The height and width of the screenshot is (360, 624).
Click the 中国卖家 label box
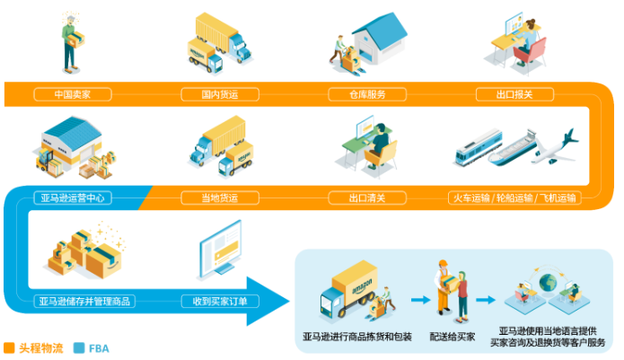point(73,94)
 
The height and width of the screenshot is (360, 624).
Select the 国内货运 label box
point(220,94)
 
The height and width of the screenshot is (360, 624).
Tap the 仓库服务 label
point(367,94)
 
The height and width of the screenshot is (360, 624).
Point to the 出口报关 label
point(514,94)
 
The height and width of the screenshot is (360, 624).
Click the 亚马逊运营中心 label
point(73,198)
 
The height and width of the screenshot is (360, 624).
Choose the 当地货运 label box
point(220,198)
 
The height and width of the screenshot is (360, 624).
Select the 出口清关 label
point(367,198)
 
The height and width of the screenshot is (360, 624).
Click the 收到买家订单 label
point(220,302)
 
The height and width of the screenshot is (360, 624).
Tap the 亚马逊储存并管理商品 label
point(84,302)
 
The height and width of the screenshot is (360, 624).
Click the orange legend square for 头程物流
point(9,348)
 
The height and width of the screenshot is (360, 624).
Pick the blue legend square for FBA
point(79,348)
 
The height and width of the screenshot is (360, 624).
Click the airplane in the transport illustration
point(555,147)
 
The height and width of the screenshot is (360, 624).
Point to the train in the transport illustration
point(479,146)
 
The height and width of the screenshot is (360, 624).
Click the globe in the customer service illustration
point(548,283)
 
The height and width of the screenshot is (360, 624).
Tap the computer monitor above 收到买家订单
point(220,249)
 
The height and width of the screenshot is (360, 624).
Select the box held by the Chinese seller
point(75,40)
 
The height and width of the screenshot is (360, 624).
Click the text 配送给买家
point(453,337)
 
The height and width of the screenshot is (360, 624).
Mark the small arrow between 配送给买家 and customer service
point(486,300)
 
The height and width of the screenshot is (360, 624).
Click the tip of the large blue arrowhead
point(289,301)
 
